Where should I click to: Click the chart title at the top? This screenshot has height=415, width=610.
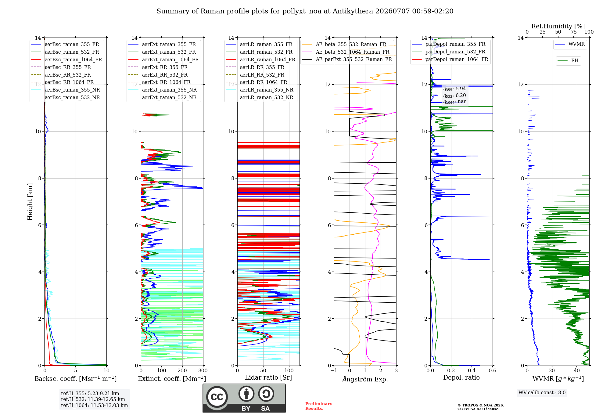pyautogui.click(x=305, y=11)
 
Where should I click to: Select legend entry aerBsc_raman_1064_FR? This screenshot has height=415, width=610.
pyautogui.click(x=67, y=60)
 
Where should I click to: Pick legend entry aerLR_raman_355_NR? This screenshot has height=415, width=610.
pyautogui.click(x=260, y=90)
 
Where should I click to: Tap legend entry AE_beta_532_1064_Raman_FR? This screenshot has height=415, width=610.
pyautogui.click(x=346, y=52)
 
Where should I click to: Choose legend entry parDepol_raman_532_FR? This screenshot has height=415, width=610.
pyautogui.click(x=449, y=52)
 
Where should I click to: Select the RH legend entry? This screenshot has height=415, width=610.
pyautogui.click(x=568, y=61)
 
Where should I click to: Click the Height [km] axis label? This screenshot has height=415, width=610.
pyautogui.click(x=30, y=202)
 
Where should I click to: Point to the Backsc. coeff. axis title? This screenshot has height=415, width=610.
pyautogui.click(x=76, y=379)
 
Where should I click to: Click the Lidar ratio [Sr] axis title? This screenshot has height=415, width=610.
pyautogui.click(x=268, y=378)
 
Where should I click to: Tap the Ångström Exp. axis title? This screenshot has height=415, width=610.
pyautogui.click(x=365, y=379)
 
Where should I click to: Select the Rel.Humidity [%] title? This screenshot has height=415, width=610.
pyautogui.click(x=558, y=26)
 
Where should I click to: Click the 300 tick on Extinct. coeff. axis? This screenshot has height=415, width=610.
pyautogui.click(x=203, y=371)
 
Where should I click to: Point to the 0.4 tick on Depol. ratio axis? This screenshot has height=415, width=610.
pyautogui.click(x=472, y=371)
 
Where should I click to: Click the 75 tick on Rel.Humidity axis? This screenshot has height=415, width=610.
pyautogui.click(x=574, y=32)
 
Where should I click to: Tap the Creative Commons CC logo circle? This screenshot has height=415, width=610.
pyautogui.click(x=217, y=397)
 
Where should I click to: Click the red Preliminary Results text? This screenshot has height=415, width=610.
pyautogui.click(x=319, y=406)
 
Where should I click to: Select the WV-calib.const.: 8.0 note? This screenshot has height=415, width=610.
pyautogui.click(x=542, y=393)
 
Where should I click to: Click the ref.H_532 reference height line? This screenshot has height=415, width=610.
pyautogui.click(x=93, y=399)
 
